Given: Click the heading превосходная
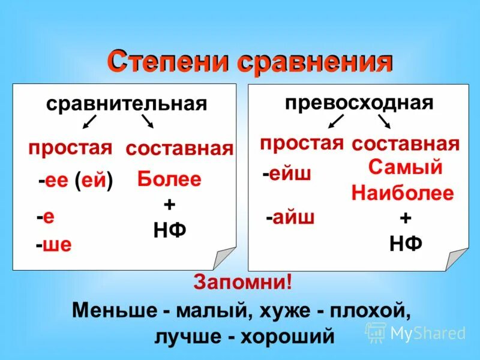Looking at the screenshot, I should coord(359,102).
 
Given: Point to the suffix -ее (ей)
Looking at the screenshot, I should coord(76,181).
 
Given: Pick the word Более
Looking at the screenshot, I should coord(169,179).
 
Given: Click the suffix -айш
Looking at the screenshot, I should coord(290,217).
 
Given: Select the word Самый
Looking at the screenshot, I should coord(405,167).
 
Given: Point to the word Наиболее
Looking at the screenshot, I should coord(403,193).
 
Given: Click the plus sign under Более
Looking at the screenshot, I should coord(169,205).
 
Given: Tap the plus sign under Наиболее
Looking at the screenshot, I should coord(406,218).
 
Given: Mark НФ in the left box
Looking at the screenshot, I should coord(169,229).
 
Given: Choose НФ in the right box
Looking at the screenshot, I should coord(406,243).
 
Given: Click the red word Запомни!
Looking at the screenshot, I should coord(242,281).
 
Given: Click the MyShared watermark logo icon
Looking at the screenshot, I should coord(376,332).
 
